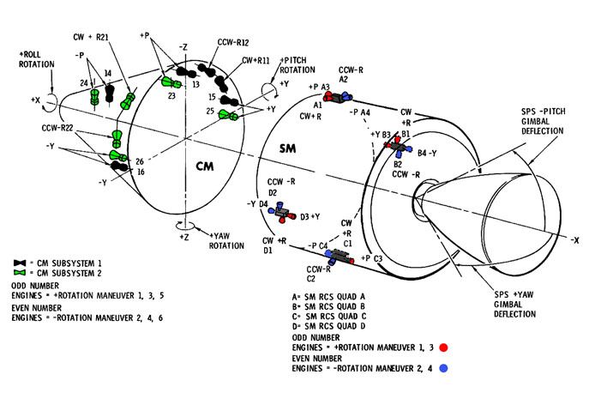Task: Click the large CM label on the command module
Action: [x=203, y=165]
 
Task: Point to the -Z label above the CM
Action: [x=183, y=46]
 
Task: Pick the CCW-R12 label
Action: [x=210, y=43]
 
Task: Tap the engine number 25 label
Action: [x=211, y=111]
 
